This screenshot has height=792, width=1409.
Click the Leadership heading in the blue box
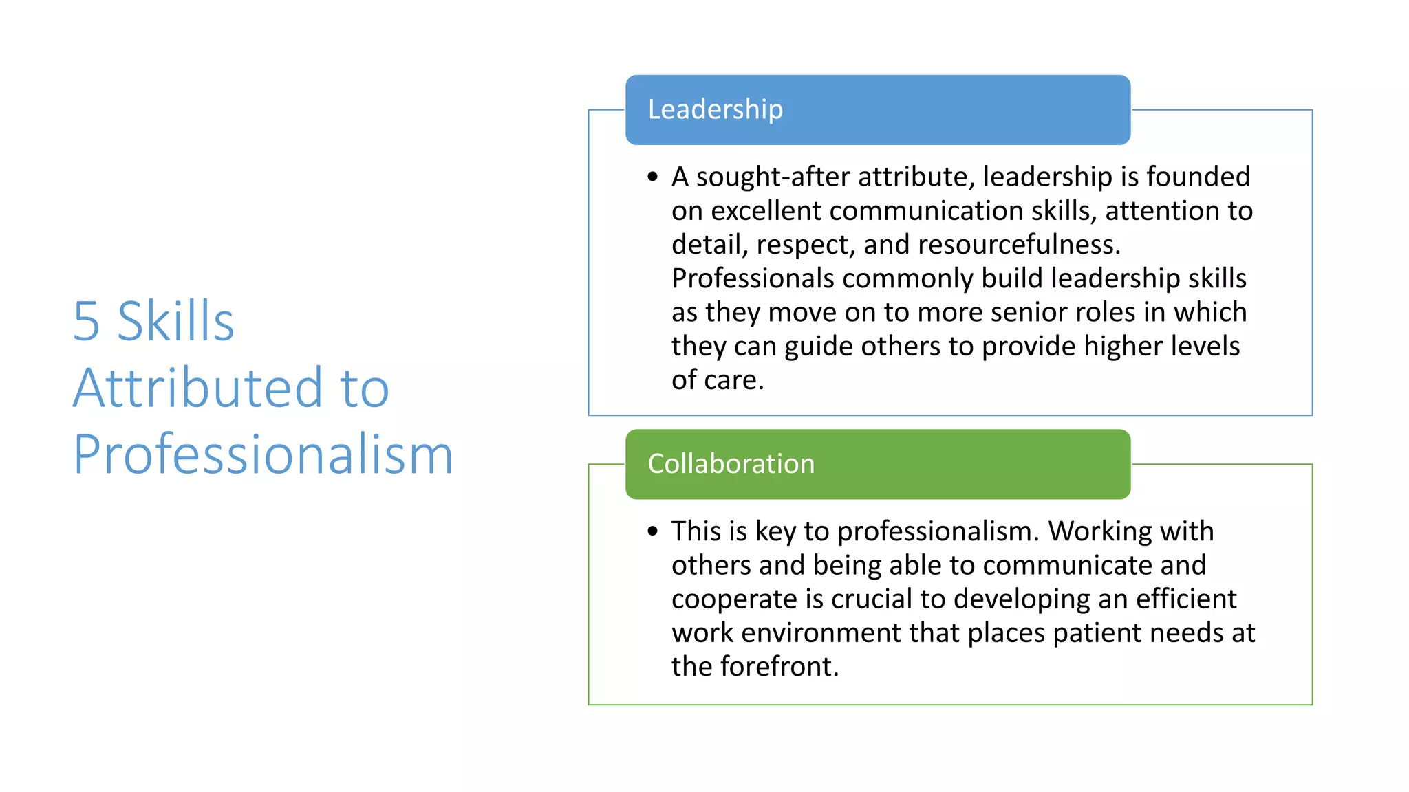click(715, 110)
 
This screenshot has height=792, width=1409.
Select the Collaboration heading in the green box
click(731, 464)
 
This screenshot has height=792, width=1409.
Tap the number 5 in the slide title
click(87, 322)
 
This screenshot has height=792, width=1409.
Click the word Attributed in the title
click(197, 388)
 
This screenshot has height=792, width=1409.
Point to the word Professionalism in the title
click(263, 455)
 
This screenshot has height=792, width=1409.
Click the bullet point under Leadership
click(653, 177)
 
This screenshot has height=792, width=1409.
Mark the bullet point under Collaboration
click(653, 531)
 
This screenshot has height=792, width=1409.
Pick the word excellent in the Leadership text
click(766, 211)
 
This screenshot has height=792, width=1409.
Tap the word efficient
click(1185, 599)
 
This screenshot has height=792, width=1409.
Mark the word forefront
click(779, 667)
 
